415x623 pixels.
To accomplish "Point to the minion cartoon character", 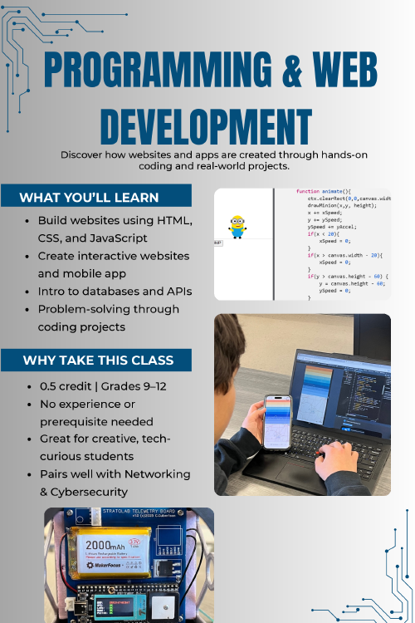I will (x=238, y=226).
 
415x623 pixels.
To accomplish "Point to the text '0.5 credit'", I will (x=67, y=386).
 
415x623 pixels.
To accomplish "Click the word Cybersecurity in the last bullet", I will (x=90, y=491).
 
